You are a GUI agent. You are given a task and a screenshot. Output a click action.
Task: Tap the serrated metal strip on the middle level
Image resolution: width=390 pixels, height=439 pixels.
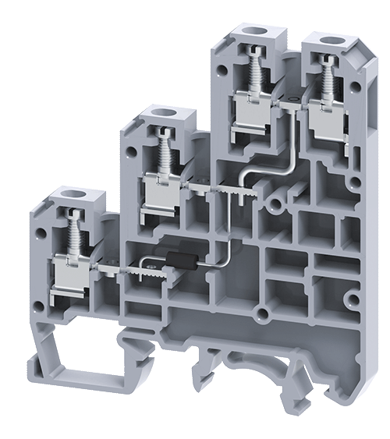[226, 191]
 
